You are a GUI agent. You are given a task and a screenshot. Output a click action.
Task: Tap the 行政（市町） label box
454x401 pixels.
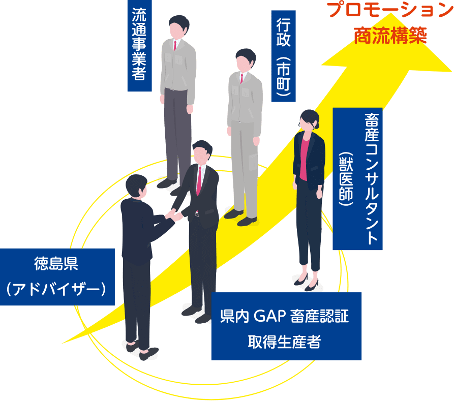283,56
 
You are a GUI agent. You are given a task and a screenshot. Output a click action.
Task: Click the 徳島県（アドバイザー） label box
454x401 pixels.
57,276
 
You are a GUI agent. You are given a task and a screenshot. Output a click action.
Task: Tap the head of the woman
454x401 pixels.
309,120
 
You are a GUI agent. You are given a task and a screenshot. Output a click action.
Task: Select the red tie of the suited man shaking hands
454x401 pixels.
199,180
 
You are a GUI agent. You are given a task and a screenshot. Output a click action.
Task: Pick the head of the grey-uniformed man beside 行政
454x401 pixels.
245,60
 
